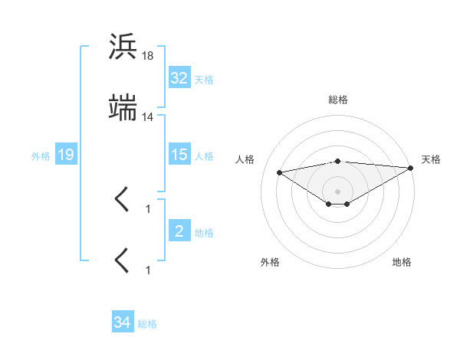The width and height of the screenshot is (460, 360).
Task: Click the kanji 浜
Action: click(123, 47)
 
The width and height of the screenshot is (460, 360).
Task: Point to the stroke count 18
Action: click(147, 56)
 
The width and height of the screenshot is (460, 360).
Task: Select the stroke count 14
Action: click(147, 116)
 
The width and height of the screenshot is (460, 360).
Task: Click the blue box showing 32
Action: click(179, 78)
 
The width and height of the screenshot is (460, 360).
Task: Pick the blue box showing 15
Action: click(179, 155)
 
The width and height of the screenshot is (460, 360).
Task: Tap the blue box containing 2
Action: click(179, 231)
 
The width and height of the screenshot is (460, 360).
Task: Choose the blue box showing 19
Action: click(66, 155)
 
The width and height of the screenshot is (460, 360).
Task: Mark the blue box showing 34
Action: click(123, 322)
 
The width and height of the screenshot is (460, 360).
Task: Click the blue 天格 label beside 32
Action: click(204, 79)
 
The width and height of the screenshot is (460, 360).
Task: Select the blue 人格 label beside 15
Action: click(204, 155)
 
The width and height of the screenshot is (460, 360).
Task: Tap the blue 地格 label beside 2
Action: click(204, 232)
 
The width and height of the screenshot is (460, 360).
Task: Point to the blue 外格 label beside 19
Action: click(41, 155)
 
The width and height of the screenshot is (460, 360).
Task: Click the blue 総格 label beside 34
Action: click(147, 323)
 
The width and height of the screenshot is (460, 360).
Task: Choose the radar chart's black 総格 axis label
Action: click(338, 100)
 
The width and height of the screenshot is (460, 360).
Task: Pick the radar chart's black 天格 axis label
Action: click(431, 159)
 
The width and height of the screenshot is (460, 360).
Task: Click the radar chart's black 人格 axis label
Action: click(246, 159)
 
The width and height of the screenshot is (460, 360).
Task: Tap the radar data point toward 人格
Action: click(280, 172)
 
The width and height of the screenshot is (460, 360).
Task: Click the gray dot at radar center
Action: click(338, 191)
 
